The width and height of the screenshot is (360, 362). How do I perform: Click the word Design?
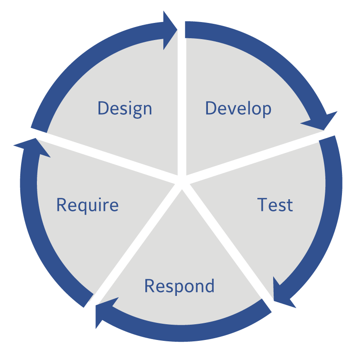(125, 109)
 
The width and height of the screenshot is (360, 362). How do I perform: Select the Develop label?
(238, 108)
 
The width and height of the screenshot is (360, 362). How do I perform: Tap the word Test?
(275, 205)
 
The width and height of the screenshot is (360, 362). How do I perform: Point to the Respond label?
(179, 286)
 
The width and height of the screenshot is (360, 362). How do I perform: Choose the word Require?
(87, 205)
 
